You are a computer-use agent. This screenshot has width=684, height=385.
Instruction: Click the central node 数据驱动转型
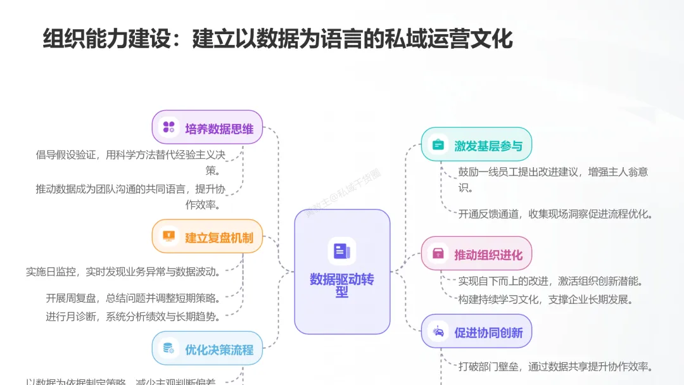(342, 272)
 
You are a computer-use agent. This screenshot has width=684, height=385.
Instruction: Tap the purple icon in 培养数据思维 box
(169, 127)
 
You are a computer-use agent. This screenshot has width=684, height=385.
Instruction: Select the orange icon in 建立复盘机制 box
(169, 237)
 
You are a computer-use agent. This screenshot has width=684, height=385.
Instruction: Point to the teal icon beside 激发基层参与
(438, 144)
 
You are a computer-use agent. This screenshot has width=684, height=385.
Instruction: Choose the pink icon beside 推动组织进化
(438, 254)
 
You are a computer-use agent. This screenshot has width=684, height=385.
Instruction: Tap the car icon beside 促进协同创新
(438, 332)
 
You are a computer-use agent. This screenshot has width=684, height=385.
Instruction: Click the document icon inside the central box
(342, 251)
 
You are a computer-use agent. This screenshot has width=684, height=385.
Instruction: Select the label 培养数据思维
(219, 129)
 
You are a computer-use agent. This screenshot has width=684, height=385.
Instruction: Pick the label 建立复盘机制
(219, 238)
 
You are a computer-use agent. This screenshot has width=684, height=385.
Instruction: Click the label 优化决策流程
(219, 349)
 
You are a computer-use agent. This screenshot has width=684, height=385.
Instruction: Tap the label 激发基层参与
(488, 146)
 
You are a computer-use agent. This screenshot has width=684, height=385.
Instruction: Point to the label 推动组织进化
(488, 255)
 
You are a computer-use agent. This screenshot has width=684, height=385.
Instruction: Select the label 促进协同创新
(488, 333)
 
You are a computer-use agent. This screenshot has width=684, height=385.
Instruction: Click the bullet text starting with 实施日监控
(123, 272)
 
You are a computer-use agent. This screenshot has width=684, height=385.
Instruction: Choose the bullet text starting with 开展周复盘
(133, 298)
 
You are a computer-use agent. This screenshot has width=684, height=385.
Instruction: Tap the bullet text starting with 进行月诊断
(133, 316)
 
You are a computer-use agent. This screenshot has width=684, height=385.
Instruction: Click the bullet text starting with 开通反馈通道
(555, 213)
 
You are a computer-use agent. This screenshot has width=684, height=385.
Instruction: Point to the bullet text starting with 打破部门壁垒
(555, 367)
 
